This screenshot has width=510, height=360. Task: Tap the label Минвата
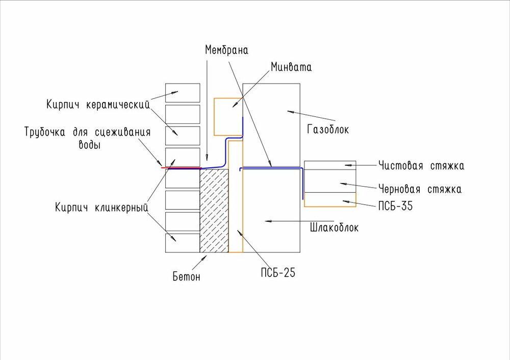tap(291, 67)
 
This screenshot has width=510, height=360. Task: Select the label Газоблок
tap(328, 130)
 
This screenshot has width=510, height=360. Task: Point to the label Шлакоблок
tap(334, 228)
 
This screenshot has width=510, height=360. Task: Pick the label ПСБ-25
tap(277, 273)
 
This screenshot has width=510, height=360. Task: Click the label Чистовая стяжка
tap(421, 166)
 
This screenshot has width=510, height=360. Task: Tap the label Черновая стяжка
tap(420, 189)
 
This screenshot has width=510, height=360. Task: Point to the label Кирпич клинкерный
tap(101, 208)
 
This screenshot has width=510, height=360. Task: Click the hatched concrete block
tap(214, 211)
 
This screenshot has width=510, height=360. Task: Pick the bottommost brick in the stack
tap(183, 242)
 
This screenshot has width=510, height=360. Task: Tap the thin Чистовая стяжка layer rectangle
tap(329, 165)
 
